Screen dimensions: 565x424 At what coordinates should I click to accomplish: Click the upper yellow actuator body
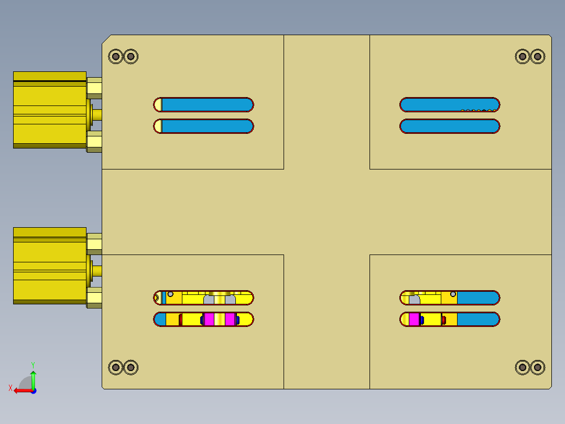[50, 110]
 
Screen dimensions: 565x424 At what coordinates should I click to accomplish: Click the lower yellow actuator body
[50, 266]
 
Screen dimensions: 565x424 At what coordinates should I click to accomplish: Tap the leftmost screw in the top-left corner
[116, 56]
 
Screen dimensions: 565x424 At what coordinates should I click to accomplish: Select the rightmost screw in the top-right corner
[538, 56]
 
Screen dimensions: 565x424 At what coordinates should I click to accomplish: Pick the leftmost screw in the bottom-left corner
[116, 367]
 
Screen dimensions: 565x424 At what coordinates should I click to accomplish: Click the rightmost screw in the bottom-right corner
[538, 367]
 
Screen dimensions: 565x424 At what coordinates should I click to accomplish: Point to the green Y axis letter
[33, 365]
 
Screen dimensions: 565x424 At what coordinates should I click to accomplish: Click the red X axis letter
[10, 388]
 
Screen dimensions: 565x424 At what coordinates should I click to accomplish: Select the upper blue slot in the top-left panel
[207, 104]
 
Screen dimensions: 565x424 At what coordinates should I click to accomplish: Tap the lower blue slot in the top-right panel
[450, 126]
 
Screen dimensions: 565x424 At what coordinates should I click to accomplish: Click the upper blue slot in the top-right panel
[450, 104]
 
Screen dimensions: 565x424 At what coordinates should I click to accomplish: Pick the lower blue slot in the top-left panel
[207, 126]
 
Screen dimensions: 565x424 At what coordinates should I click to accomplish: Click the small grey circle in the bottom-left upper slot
[170, 294]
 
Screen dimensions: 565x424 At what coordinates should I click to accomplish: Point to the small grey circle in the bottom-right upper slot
[453, 294]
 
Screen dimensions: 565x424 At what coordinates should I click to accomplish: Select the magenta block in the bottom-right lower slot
[414, 320]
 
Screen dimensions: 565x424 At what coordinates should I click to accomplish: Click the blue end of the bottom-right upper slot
[478, 298]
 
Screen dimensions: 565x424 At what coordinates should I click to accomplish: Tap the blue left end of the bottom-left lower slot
[160, 320]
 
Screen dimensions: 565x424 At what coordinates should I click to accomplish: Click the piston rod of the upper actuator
[97, 115]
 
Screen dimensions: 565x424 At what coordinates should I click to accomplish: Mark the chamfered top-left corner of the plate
[106, 39]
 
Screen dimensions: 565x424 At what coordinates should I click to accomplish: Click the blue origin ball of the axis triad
[34, 391]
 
